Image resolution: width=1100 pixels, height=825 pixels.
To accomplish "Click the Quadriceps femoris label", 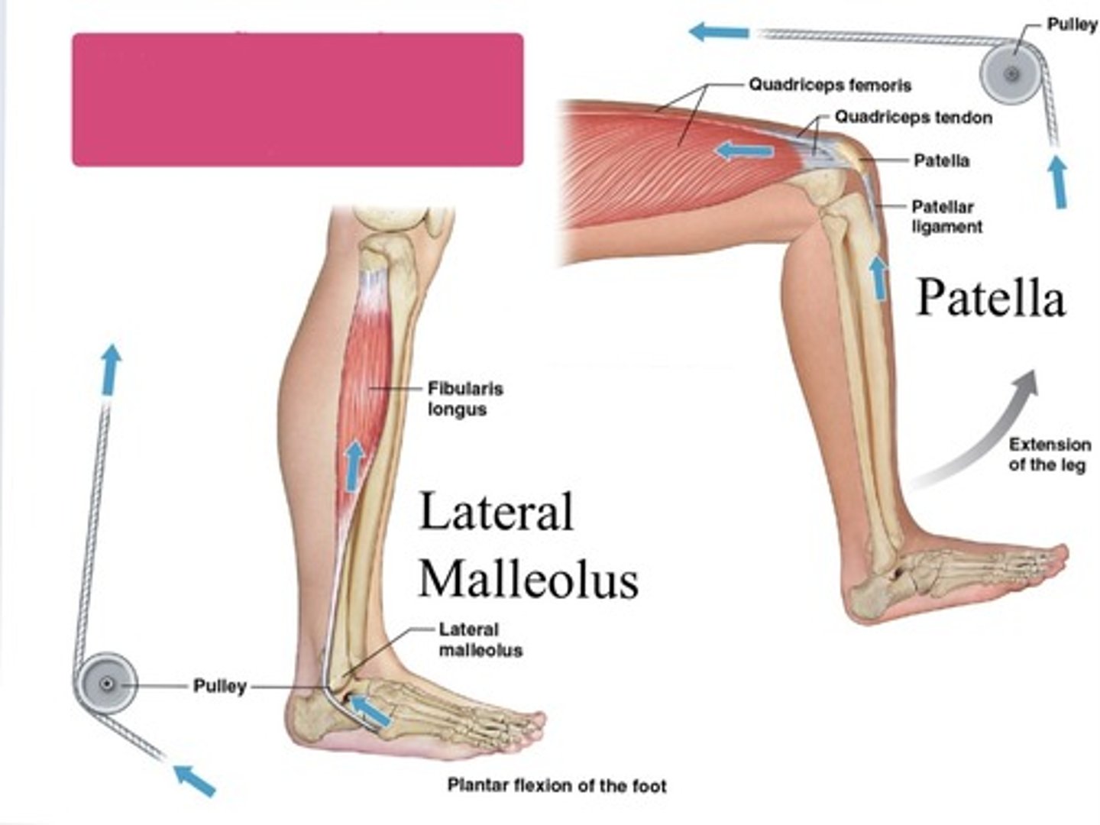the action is pyautogui.click(x=830, y=85).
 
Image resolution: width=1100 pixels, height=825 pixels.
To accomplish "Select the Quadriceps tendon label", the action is pyautogui.click(x=913, y=118).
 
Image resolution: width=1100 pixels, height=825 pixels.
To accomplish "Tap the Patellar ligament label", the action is pyautogui.click(x=946, y=217).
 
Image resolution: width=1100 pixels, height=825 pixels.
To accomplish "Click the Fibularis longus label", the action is pyautogui.click(x=465, y=399).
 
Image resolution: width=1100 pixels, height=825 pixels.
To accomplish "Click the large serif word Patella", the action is pyautogui.click(x=990, y=299).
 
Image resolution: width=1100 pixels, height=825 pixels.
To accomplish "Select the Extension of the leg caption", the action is pyautogui.click(x=1050, y=455).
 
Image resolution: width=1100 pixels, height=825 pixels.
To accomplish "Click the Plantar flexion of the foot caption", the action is pyautogui.click(x=557, y=785).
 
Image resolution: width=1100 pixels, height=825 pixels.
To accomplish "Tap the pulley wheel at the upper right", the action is pyautogui.click(x=1011, y=75).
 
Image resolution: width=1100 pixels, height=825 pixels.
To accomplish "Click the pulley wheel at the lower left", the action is pyautogui.click(x=105, y=684).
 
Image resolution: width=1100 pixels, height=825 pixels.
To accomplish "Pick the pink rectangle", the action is pyautogui.click(x=298, y=99).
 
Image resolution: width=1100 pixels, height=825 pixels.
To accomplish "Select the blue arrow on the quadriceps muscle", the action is pyautogui.click(x=743, y=150).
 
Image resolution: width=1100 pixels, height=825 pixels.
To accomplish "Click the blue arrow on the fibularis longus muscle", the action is pyautogui.click(x=354, y=465).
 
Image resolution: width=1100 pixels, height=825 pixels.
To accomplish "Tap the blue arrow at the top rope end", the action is pyautogui.click(x=719, y=32).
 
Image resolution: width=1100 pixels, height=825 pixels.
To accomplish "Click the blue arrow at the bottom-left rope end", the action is pyautogui.click(x=195, y=781).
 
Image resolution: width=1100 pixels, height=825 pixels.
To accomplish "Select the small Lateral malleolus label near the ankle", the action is pyautogui.click(x=480, y=639).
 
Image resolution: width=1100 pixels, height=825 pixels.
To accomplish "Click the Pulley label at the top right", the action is pyautogui.click(x=1072, y=25).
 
